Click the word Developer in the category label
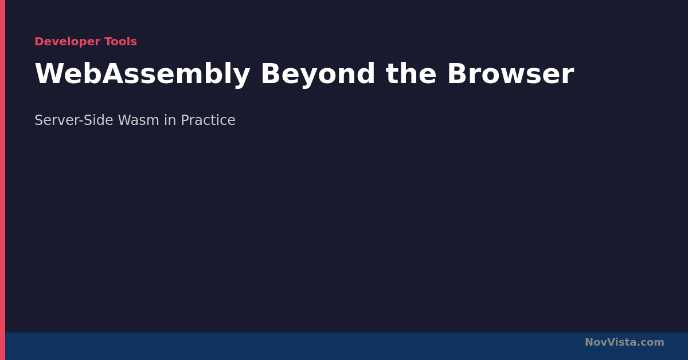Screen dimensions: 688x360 tap(67, 41)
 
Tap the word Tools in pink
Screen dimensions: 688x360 tap(121, 41)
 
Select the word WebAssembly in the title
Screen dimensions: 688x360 tap(142, 75)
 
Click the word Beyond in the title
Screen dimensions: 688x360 tap(318, 75)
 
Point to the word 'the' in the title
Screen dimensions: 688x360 tap(411, 74)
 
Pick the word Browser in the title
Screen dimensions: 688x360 tap(511, 74)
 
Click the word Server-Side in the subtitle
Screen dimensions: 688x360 tap(74, 120)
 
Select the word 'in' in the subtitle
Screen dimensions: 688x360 tap(170, 120)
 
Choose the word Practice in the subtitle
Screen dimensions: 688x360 tap(208, 120)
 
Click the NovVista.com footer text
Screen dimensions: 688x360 tap(624, 342)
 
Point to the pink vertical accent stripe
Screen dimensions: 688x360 tap(2, 180)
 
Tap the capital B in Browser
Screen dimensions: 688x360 tap(458, 74)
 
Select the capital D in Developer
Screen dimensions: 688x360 tap(39, 41)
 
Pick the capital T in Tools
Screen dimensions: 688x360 tap(108, 41)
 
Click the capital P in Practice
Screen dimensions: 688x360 tap(185, 120)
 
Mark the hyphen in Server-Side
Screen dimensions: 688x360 tap(81, 122)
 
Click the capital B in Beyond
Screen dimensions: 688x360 tap(271, 74)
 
